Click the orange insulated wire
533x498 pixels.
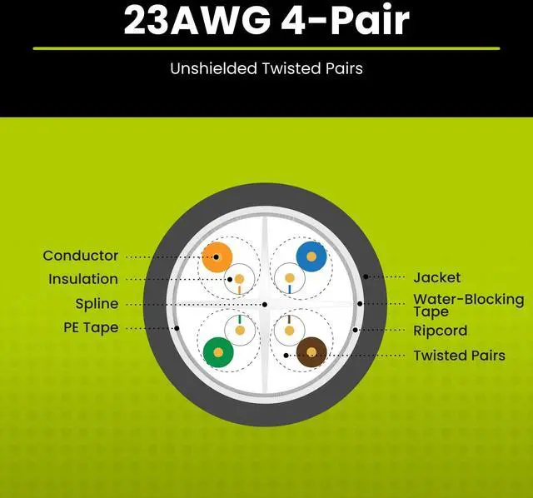[x=217, y=256]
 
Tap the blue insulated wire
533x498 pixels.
[x=311, y=256]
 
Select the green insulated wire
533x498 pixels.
[x=217, y=352]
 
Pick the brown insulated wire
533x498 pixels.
[x=311, y=352]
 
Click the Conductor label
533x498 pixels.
[x=81, y=256]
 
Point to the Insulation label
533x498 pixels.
[x=83, y=279]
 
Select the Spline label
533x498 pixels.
[x=97, y=304]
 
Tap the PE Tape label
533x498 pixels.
[x=91, y=328]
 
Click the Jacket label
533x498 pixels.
[x=436, y=277]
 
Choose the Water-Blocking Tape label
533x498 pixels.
[x=469, y=305]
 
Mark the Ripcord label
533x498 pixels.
[x=441, y=331]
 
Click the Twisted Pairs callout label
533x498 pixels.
[x=459, y=356]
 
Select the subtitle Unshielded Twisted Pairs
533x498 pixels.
[x=266, y=68]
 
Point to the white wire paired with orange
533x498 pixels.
[x=241, y=277]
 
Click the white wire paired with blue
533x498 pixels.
[x=288, y=277]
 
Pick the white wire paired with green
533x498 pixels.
[x=241, y=330]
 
